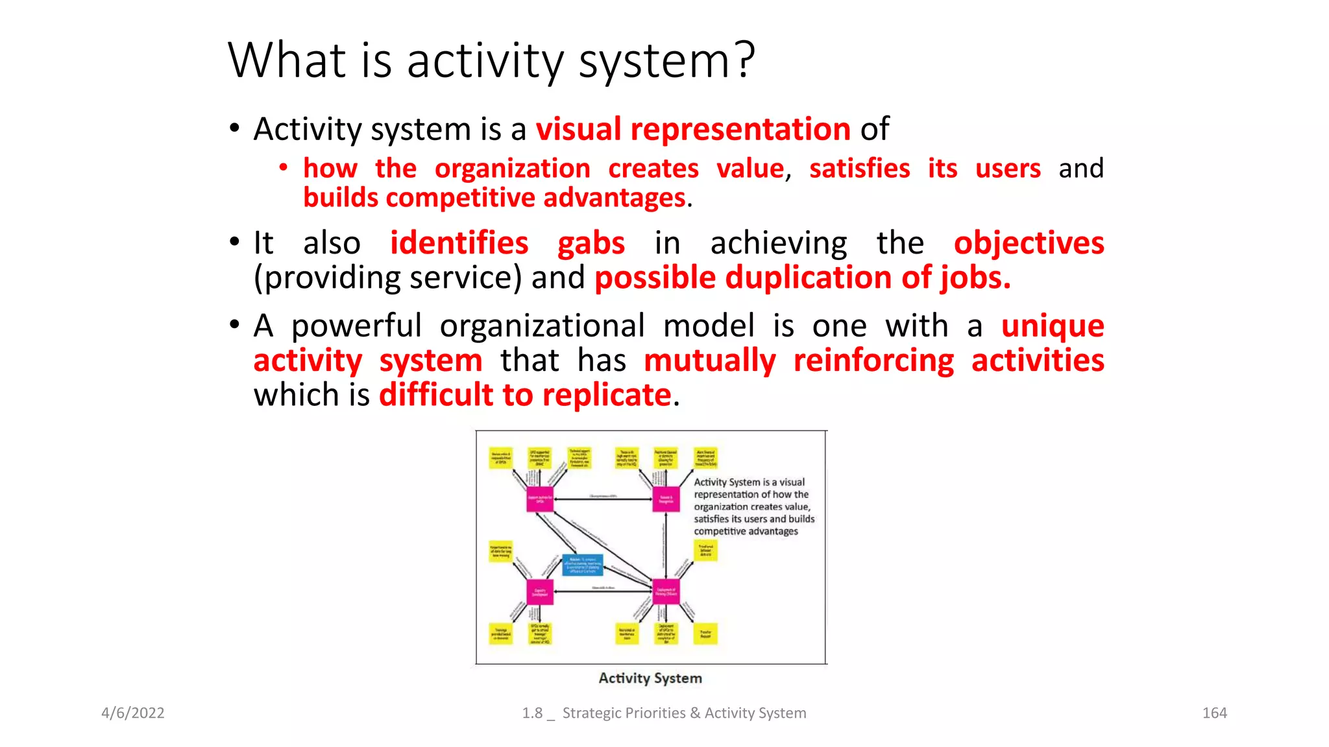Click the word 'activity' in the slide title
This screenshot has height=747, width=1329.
tap(485, 61)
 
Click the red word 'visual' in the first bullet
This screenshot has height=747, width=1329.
tap(578, 129)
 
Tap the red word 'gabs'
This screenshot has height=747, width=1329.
tap(591, 244)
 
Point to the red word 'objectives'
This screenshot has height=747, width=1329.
tap(1029, 244)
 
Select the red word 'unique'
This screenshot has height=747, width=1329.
tap(1052, 326)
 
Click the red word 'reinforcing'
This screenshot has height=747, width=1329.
tap(873, 361)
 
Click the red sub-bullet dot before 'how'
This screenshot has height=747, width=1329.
tap(284, 168)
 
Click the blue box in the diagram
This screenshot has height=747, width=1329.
tap(582, 564)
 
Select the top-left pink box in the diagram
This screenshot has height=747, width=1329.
tap(539, 499)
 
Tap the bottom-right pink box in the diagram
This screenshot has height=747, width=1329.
tap(666, 591)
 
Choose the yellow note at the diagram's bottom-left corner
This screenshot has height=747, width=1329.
tap(500, 634)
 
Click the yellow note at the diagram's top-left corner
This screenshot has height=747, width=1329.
tap(500, 458)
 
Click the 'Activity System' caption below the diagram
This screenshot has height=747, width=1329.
tap(650, 678)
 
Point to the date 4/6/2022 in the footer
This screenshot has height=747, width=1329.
tap(133, 713)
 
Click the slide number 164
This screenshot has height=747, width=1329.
tap(1214, 713)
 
